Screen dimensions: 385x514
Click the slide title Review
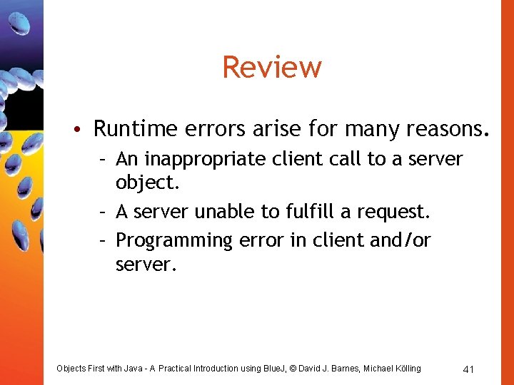click(272, 68)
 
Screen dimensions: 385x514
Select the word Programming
click(174, 241)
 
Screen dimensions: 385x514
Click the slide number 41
click(469, 369)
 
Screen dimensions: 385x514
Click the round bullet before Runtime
click(84, 129)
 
